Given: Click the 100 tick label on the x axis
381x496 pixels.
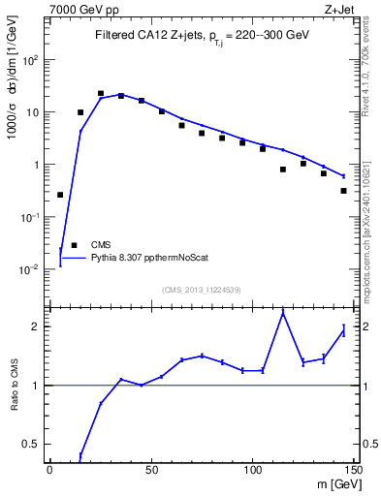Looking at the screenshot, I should (252, 470).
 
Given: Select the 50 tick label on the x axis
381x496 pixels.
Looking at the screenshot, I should (150, 470).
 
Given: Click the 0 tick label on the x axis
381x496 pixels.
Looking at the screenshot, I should (49, 470).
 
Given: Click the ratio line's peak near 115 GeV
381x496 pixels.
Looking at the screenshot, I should (282, 313).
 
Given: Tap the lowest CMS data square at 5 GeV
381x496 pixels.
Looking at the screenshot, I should (60, 195).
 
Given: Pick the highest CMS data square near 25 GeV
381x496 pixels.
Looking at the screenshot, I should (101, 94).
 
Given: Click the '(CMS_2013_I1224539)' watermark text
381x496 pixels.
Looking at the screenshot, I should (201, 289).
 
